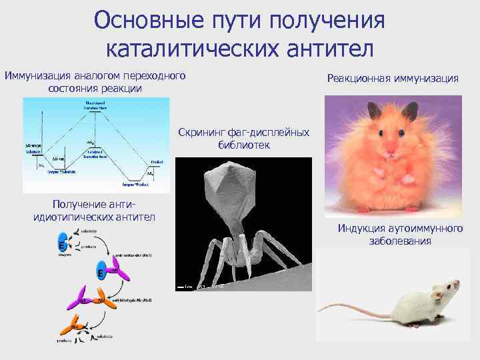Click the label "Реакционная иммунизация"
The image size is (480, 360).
click(x=393, y=78)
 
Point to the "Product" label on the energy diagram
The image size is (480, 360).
click(x=157, y=161)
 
